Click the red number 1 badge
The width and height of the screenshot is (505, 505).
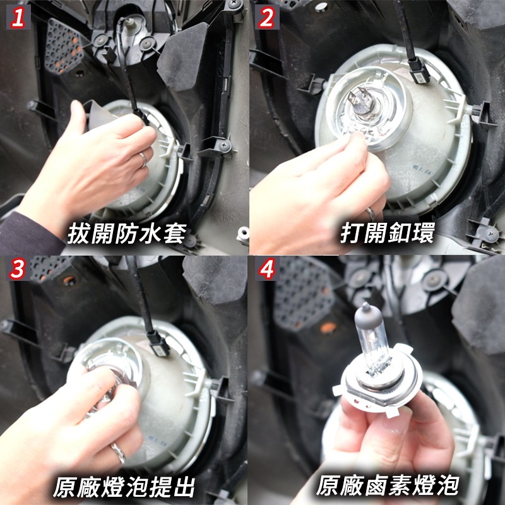point(18,18)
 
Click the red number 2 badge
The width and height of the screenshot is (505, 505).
point(267,18)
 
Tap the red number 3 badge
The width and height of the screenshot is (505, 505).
point(18,269)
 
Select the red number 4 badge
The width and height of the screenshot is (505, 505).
point(267,269)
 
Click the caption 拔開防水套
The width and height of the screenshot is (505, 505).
point(128,234)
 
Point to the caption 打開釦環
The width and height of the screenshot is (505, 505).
point(388,232)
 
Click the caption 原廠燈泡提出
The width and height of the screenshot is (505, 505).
point(124,487)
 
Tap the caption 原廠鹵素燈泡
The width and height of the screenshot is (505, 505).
point(388,485)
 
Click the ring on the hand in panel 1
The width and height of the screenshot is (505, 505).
point(143,160)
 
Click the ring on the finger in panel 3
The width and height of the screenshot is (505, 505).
point(118,453)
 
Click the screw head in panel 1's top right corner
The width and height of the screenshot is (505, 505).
point(235,4)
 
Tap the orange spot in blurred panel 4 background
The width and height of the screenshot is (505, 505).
point(328,328)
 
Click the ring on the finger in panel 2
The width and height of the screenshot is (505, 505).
point(371,213)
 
